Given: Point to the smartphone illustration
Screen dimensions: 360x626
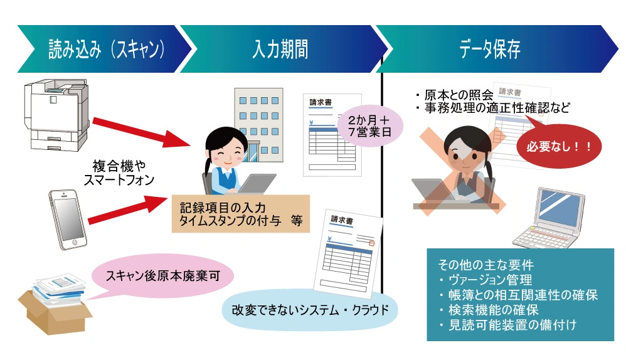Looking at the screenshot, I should pyautogui.click(x=67, y=218).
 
